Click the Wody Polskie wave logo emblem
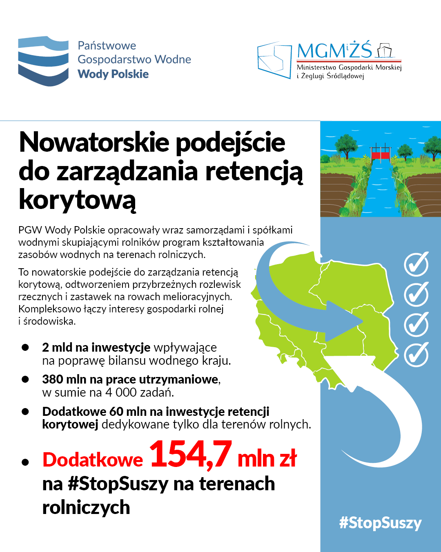pos(43,61)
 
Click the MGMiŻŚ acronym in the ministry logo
pos(334,51)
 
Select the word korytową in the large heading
pos(77,200)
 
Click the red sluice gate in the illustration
pos(381,155)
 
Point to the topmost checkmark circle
pos(416,264)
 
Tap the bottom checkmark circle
pos(416,354)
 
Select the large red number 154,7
pos(191,454)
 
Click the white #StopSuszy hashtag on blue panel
pos(380,523)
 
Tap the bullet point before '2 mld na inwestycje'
pos(25,348)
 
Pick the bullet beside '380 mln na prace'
pos(25,379)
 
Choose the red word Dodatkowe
pos(93,460)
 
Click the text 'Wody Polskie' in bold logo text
pos(113,74)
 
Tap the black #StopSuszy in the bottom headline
pos(118,484)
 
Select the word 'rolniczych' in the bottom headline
pos(86,507)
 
